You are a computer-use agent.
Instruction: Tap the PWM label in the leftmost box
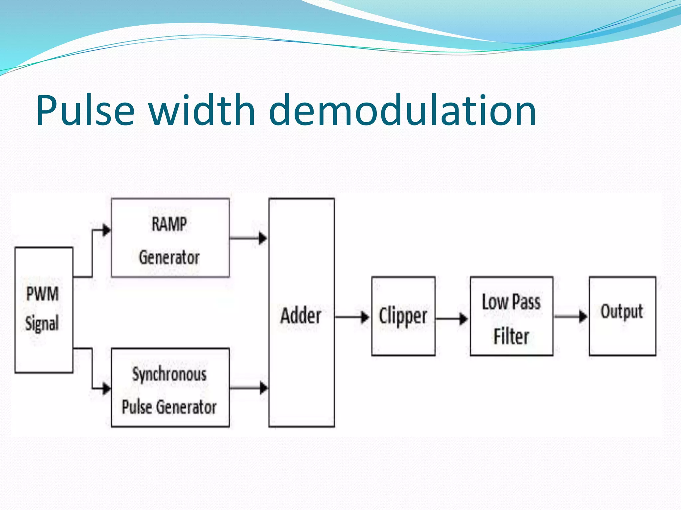[x=43, y=294]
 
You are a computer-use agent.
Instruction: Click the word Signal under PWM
[x=42, y=323]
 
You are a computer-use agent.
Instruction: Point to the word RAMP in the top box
[x=169, y=224]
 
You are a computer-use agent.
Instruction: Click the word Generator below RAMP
[x=169, y=258]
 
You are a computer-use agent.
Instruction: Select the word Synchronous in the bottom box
[x=169, y=375]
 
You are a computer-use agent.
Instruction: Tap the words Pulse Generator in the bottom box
[x=169, y=407]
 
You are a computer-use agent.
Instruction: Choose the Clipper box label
[x=403, y=316]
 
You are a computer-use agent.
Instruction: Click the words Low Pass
[x=511, y=302]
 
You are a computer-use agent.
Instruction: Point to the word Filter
[x=511, y=336]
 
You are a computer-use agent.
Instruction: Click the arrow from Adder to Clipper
[x=352, y=317]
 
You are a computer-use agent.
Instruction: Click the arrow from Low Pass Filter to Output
[x=571, y=316]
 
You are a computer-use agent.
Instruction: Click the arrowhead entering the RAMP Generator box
[x=106, y=230]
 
